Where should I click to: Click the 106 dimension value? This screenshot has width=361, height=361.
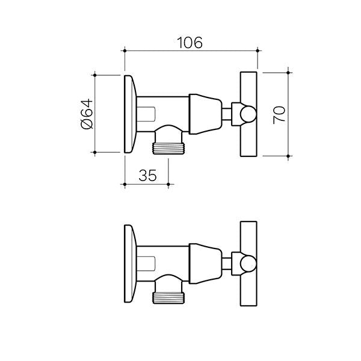[x=190, y=43]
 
